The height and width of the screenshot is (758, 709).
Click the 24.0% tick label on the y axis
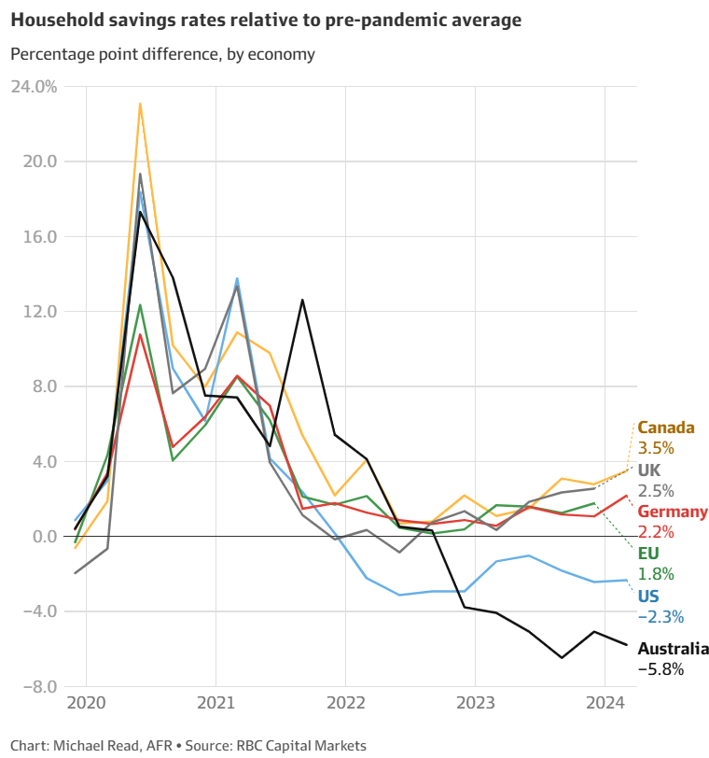34,87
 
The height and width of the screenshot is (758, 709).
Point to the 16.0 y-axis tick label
38,237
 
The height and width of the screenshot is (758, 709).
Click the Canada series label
666,428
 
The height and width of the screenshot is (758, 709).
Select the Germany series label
672,512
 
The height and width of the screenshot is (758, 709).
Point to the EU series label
648,554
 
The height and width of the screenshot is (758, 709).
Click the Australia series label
673,649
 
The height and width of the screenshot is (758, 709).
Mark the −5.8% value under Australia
660,669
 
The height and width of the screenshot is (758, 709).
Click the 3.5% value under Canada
656,448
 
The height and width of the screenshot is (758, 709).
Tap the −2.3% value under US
660,616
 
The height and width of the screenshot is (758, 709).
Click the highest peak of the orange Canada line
140,104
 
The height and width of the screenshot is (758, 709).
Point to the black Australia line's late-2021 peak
302,300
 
